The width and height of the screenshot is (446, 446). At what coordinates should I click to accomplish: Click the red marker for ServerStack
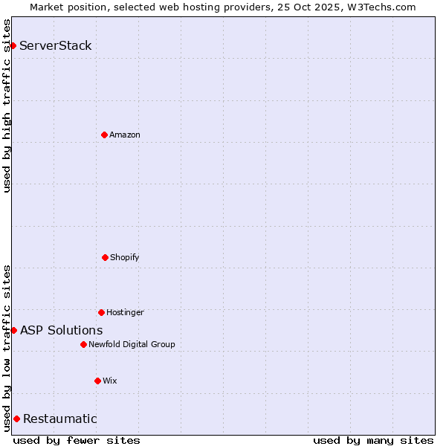(x=13, y=46)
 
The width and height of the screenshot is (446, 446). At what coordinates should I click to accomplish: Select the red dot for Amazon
(x=104, y=135)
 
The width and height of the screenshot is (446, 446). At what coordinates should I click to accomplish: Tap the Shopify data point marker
(x=105, y=257)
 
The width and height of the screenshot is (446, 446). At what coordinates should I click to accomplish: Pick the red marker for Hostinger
(x=101, y=312)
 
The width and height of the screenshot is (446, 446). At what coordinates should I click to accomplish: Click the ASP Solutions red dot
(x=13, y=330)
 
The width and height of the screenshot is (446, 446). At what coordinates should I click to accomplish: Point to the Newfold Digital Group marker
(x=83, y=344)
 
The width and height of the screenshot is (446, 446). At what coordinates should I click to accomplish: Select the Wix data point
(x=97, y=381)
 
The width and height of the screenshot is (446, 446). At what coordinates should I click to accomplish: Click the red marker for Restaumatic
(x=16, y=418)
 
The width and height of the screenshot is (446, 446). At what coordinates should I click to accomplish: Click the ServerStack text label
(x=56, y=46)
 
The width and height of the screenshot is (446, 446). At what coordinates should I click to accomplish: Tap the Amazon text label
(x=125, y=135)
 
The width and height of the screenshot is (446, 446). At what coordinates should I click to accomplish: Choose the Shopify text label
(x=125, y=257)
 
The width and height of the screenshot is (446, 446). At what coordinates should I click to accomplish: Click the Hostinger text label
(x=125, y=312)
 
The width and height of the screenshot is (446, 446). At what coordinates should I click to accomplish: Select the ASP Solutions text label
(x=62, y=330)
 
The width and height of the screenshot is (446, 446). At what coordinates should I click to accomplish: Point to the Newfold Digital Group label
(x=132, y=344)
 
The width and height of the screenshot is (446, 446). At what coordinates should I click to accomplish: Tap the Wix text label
(x=110, y=381)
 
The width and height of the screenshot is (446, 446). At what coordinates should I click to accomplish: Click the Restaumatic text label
(x=60, y=418)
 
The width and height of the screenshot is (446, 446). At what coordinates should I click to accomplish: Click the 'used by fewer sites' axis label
(x=77, y=440)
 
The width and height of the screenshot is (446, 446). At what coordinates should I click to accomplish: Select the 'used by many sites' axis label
(x=373, y=440)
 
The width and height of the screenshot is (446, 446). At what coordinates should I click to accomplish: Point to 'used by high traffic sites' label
(x=7, y=106)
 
